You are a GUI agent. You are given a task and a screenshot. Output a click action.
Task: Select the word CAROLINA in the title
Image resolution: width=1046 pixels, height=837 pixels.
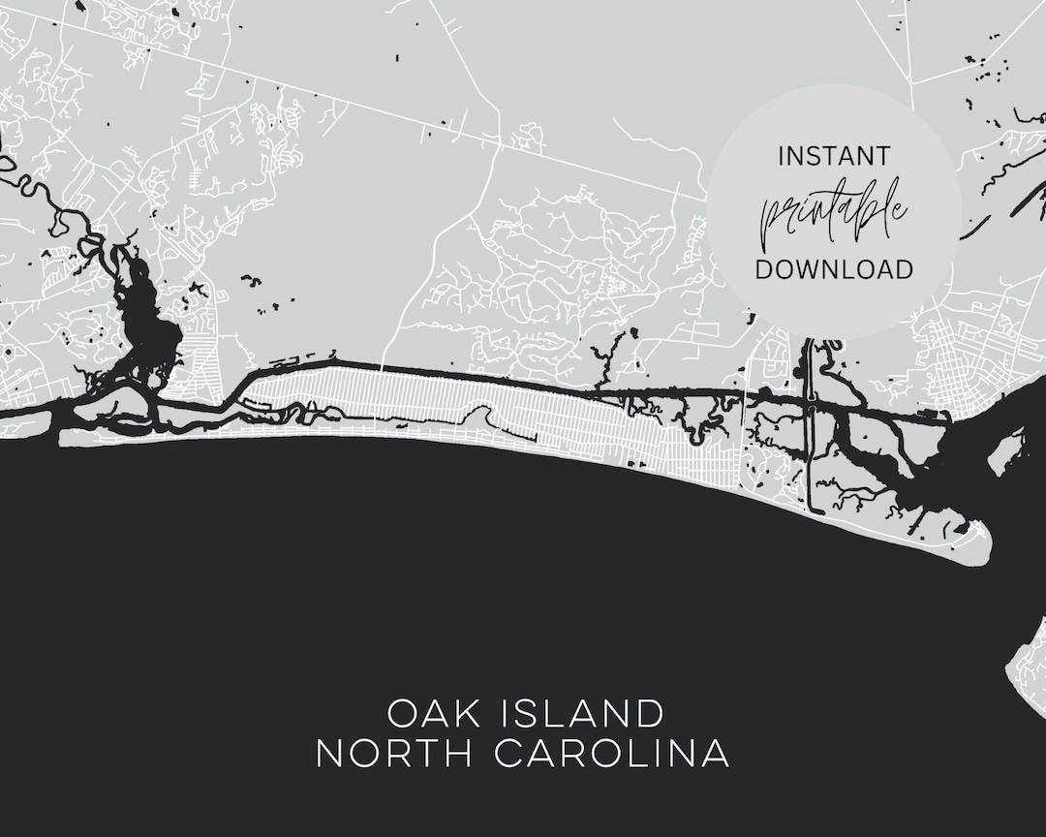point(612,754)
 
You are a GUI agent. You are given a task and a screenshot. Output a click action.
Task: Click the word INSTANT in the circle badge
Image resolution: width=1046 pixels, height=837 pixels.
point(833,155)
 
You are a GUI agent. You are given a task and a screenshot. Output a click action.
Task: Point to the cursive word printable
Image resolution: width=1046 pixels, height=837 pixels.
point(833,211)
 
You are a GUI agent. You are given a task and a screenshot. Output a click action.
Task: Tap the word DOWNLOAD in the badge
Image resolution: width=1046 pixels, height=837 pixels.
point(833,269)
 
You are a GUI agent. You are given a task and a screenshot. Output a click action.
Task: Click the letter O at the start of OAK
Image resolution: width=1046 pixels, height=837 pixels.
point(401,714)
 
